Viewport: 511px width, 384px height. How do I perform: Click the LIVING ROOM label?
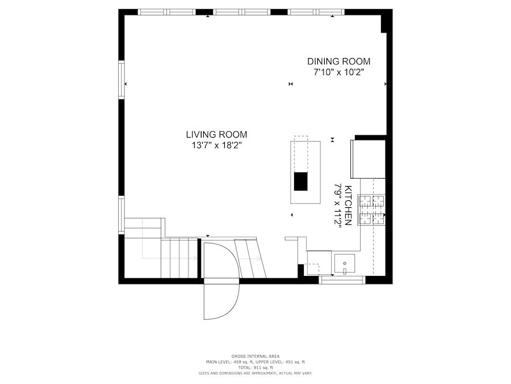216,134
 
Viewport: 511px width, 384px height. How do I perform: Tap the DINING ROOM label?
339,61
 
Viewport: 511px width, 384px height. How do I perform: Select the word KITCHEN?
348,205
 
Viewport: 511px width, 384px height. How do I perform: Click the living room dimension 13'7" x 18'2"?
216,145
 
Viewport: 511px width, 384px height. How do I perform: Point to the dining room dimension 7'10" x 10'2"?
339,72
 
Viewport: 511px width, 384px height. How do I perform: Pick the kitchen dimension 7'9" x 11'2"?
338,205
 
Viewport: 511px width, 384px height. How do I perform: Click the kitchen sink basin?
345,263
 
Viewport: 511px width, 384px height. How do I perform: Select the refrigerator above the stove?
368,159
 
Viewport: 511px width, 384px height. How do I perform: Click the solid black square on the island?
301,181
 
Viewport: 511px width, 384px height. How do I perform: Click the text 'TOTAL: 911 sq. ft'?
256,368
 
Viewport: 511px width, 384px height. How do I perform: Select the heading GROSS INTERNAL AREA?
256,356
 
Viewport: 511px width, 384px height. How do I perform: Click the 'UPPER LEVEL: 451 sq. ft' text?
280,362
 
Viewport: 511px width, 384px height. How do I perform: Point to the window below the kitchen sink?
342,280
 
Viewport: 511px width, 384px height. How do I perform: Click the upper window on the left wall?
122,79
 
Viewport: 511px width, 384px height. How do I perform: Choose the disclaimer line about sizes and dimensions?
256,373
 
